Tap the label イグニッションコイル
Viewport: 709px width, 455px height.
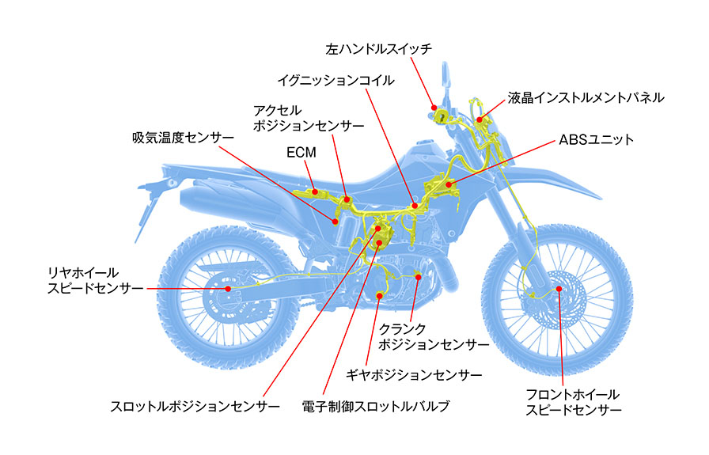(x=336, y=81)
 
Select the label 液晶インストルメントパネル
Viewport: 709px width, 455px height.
(x=586, y=98)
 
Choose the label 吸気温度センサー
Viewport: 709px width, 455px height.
(x=183, y=137)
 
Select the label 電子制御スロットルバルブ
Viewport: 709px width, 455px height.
(x=376, y=407)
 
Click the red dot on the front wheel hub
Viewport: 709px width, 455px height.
(x=559, y=290)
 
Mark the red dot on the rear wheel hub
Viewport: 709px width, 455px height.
(x=228, y=289)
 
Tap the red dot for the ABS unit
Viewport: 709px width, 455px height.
(x=448, y=185)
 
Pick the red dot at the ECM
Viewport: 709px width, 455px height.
(x=315, y=190)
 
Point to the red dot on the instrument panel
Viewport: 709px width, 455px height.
(x=480, y=119)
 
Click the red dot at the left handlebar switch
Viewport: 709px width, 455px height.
(x=433, y=107)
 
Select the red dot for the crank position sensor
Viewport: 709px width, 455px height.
(x=418, y=276)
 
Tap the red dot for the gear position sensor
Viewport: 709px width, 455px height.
(x=381, y=297)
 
